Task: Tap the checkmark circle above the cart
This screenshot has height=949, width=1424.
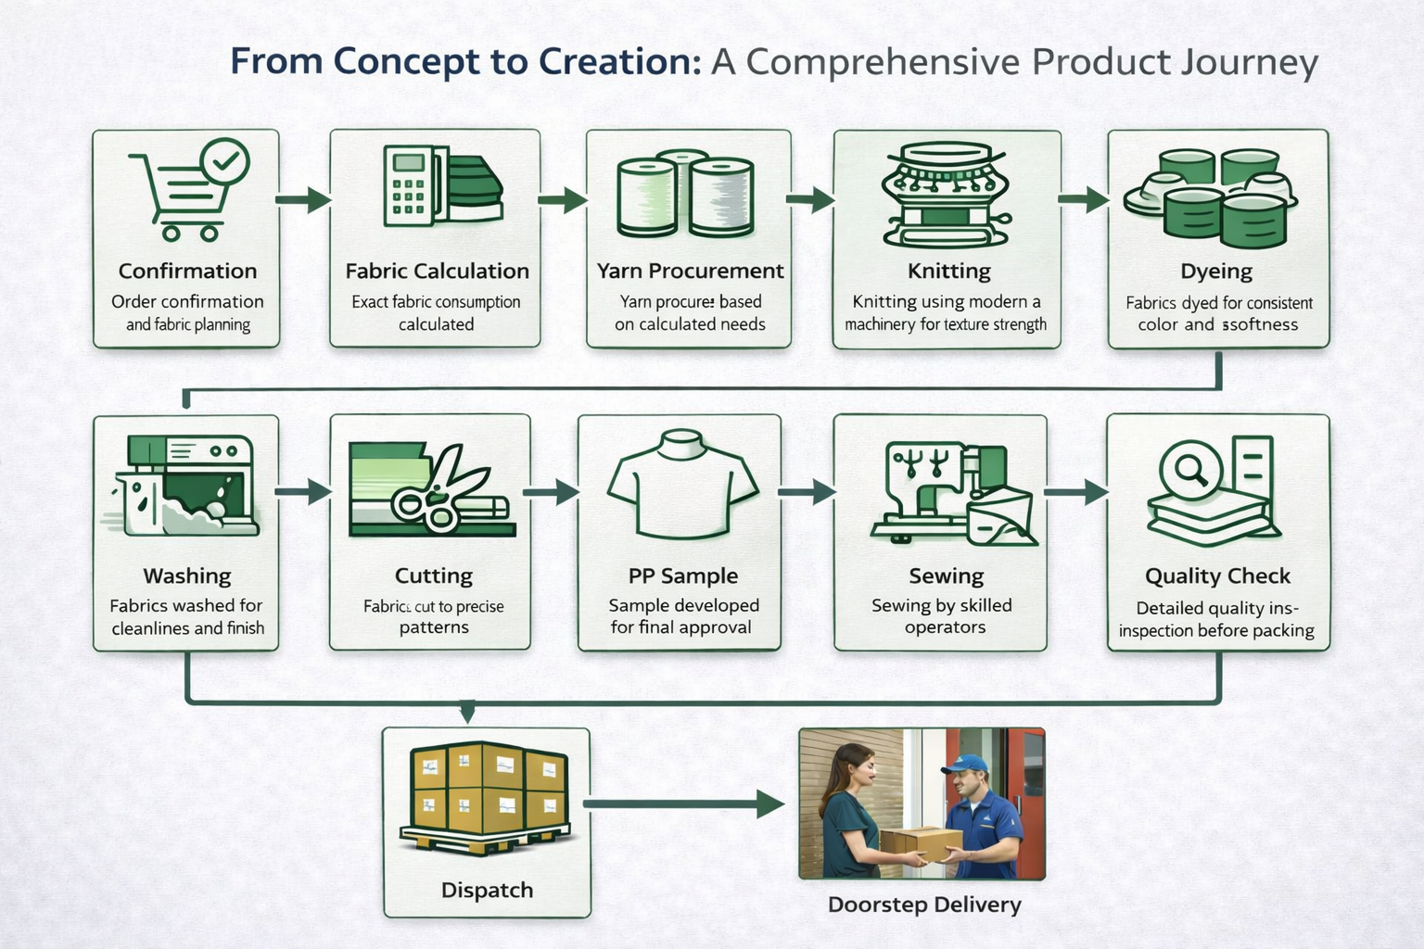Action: coord(224,161)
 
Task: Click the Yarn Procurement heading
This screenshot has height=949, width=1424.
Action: coord(690,271)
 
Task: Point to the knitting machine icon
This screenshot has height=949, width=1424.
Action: coord(946,194)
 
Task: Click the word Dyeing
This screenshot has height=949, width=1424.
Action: coord(1215,272)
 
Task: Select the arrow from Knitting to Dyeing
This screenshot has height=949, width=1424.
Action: coord(1084,198)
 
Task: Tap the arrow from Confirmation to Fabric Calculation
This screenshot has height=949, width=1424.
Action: coord(303,198)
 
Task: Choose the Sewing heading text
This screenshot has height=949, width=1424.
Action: coord(946,576)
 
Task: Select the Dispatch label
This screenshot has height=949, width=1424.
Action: coord(487,890)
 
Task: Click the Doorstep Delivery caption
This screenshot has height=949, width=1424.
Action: coord(923,905)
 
